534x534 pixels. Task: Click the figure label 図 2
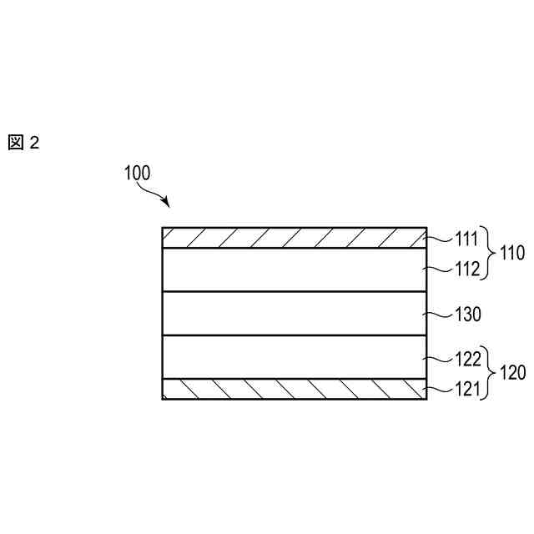(x=24, y=143)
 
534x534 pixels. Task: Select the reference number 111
(x=466, y=241)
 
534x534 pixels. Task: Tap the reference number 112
(x=466, y=269)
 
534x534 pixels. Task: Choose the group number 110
(x=511, y=254)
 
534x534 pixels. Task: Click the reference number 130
(x=468, y=315)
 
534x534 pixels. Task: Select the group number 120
(x=511, y=374)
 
